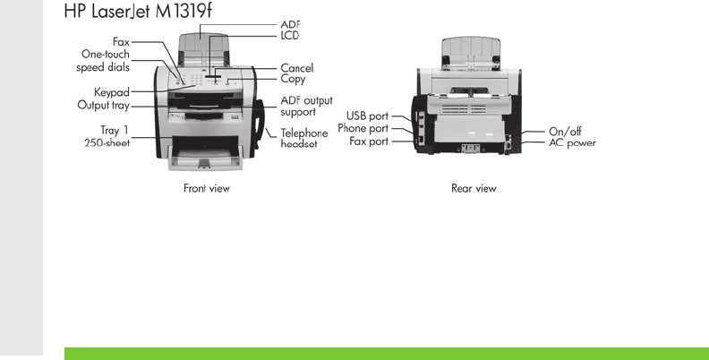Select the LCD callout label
tap(289, 36)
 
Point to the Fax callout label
tap(121, 41)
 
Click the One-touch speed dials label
tap(106, 60)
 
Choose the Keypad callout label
tap(112, 92)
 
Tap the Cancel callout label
tap(296, 68)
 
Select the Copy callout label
tap(293, 79)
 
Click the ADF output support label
tap(305, 106)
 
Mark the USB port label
tap(367, 116)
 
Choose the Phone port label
tap(363, 128)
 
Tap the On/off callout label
tap(565, 131)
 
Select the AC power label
tap(572, 142)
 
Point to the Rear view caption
tap(474, 189)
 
